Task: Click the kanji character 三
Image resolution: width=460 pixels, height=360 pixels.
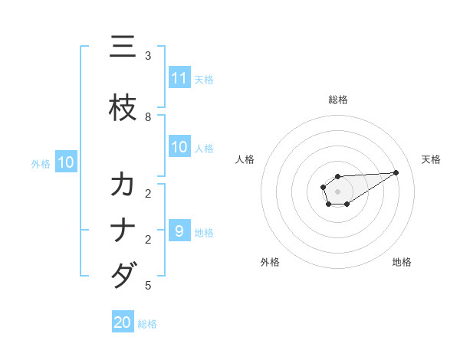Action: (123, 48)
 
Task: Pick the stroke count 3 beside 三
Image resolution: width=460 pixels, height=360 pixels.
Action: (148, 56)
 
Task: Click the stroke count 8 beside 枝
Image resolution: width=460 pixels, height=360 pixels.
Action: (148, 117)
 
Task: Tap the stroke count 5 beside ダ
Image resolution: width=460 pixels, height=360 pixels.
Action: (148, 286)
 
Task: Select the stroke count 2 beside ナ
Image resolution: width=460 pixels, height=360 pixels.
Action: (148, 240)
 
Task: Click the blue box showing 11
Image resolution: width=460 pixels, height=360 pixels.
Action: (179, 78)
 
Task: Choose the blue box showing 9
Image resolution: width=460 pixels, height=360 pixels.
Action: (179, 231)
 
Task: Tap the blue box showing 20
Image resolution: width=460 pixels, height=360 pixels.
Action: (123, 322)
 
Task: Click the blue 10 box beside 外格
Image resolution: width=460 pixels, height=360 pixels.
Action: (66, 162)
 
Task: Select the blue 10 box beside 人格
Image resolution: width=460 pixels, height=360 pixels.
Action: (179, 147)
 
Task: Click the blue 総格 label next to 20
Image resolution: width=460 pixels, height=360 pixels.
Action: (148, 324)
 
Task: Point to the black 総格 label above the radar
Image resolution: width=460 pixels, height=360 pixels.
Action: (337, 100)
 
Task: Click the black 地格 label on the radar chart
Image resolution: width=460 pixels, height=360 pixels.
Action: (402, 262)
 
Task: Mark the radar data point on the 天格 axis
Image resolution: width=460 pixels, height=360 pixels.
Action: (396, 172)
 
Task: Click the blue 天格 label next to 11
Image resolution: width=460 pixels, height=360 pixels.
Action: (204, 79)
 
